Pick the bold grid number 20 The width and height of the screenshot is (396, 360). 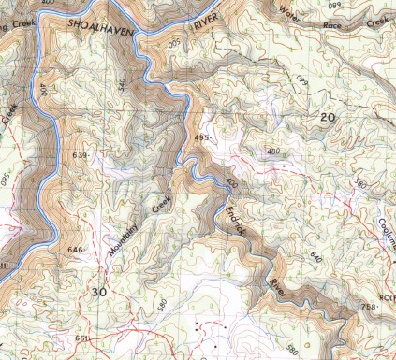click(327, 118)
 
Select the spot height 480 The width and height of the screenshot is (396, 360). click(273, 151)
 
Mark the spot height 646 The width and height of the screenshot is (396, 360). click(76, 251)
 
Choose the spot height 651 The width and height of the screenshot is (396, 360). click(82, 338)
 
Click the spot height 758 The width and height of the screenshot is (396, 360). click(368, 307)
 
